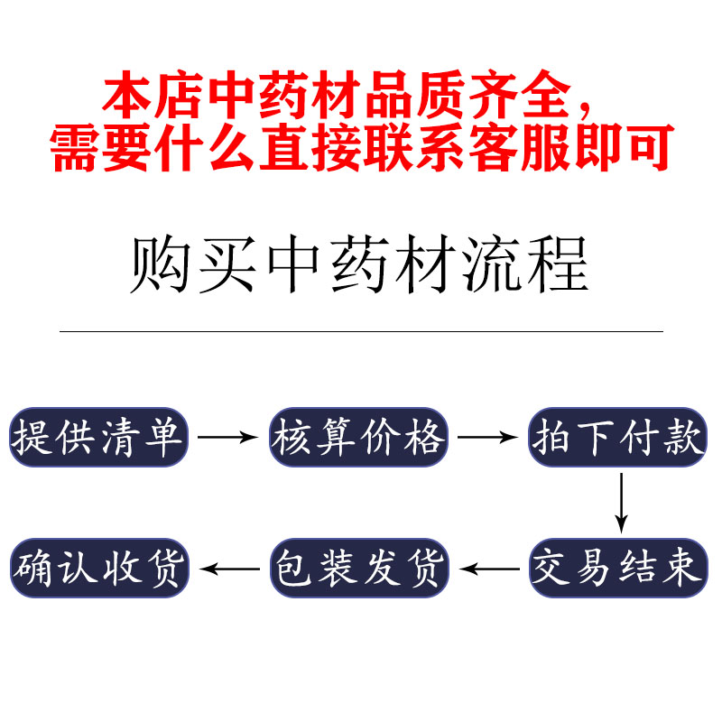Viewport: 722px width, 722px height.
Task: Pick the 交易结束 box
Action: click(x=617, y=568)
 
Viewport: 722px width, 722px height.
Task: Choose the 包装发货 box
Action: click(x=358, y=568)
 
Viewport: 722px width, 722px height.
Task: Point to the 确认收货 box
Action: click(x=98, y=568)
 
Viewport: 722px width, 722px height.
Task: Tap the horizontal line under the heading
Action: click(x=361, y=331)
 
